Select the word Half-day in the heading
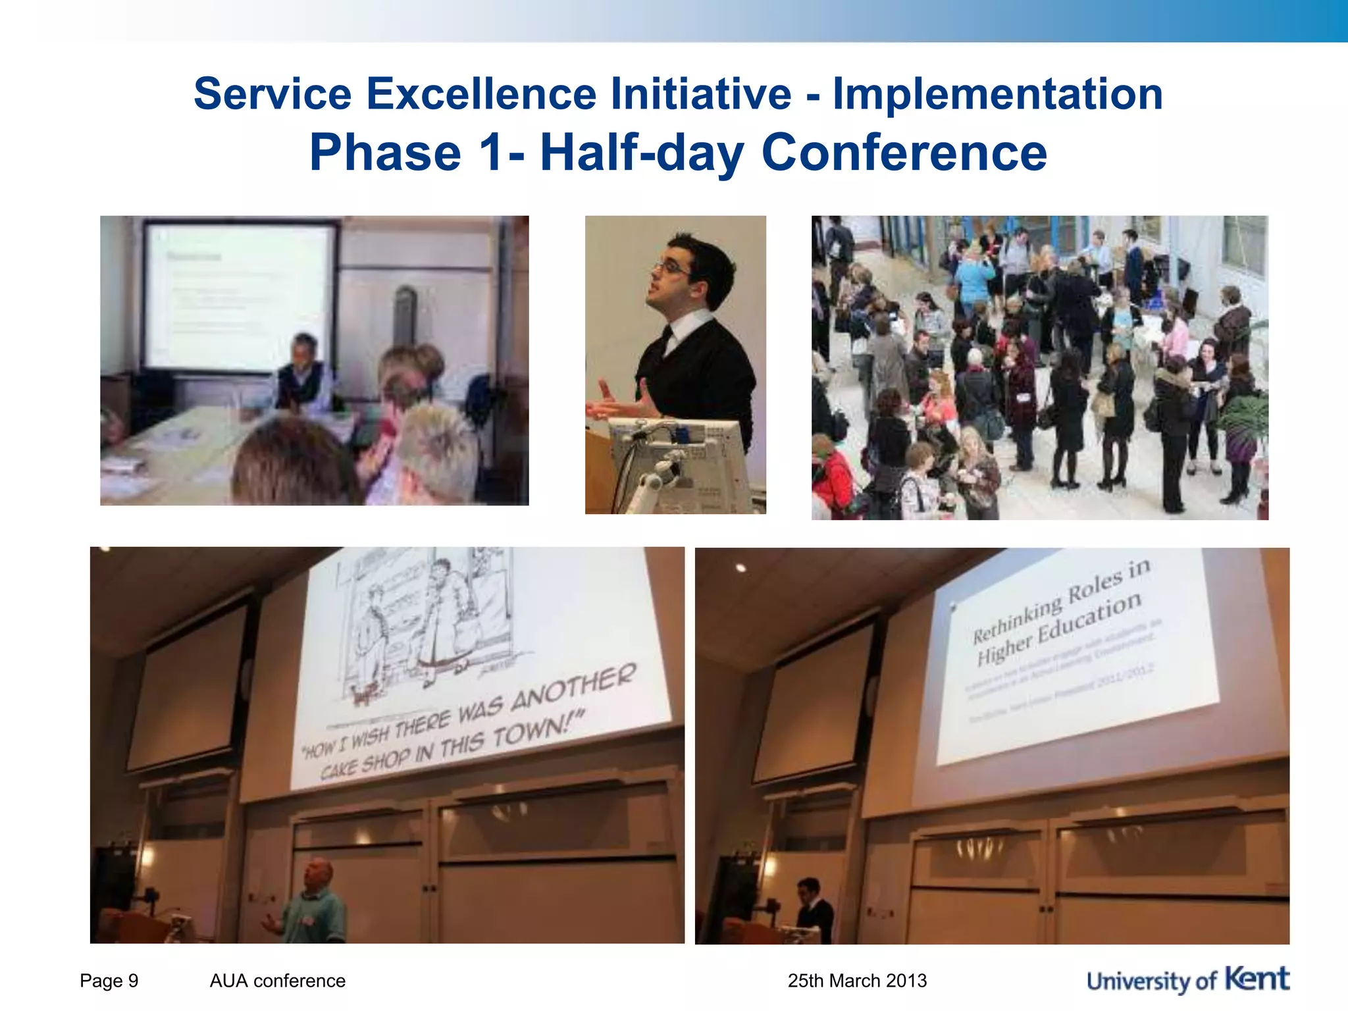coord(642,153)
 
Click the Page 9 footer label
coord(109,981)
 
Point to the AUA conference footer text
coord(277,981)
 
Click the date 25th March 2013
coord(857,981)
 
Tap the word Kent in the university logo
coord(1257,979)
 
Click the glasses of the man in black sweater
coord(671,269)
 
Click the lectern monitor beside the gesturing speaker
coord(678,461)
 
